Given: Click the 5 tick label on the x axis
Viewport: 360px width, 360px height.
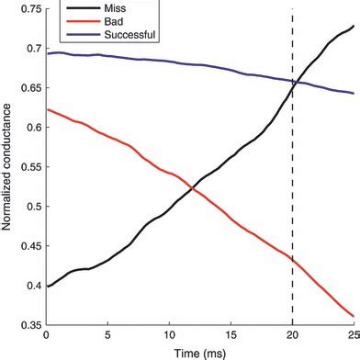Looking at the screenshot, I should tap(107, 337).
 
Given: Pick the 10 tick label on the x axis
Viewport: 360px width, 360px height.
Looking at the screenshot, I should tap(169, 337).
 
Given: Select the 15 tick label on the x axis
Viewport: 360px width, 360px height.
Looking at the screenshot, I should tap(231, 337).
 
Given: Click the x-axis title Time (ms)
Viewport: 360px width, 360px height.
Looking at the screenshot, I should tap(199, 352).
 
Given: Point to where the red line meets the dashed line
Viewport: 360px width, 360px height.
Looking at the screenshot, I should tap(293, 259).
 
